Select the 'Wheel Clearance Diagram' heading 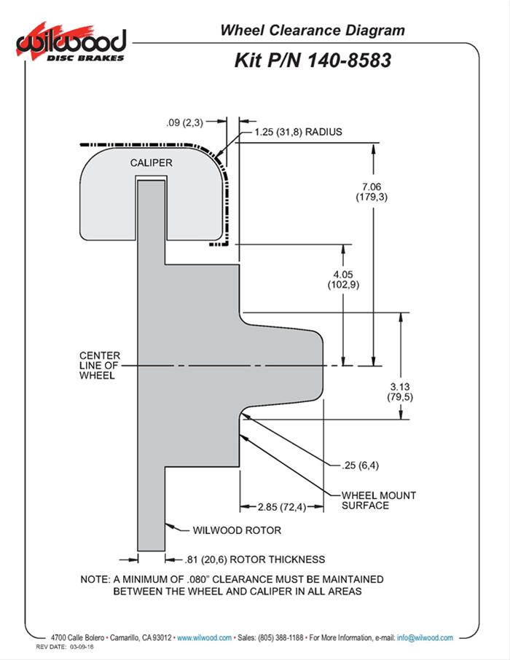coord(312,31)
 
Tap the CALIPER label coord(152,162)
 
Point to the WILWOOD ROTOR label coord(237,530)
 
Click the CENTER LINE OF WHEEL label coord(100,366)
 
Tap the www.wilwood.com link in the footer coord(205,637)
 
